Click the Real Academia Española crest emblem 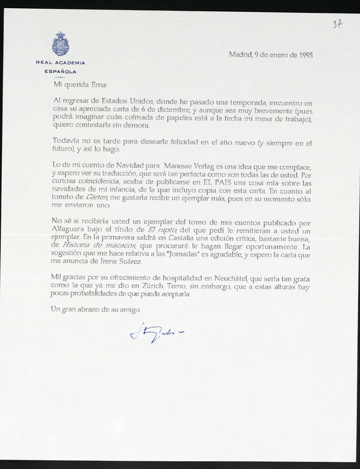tap(60, 44)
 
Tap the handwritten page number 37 tap(337, 24)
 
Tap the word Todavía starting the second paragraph tap(66, 141)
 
